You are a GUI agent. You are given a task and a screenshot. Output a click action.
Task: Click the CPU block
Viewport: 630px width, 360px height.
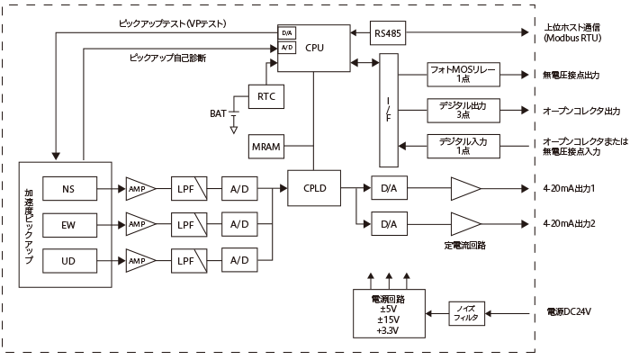(x=313, y=48)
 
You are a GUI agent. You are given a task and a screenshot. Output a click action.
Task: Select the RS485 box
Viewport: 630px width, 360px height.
(x=388, y=34)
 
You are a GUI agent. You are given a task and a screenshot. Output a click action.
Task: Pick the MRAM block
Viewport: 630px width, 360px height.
(x=266, y=146)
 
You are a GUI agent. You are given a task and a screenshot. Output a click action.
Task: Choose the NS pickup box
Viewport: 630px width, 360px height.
(x=68, y=189)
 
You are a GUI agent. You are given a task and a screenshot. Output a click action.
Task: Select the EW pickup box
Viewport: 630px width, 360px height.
(x=68, y=223)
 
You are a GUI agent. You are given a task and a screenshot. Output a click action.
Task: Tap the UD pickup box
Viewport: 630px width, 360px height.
(x=68, y=259)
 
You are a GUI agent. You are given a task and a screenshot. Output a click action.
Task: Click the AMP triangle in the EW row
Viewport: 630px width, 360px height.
(x=139, y=223)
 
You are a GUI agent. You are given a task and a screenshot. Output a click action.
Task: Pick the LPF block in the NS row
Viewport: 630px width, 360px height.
(x=186, y=189)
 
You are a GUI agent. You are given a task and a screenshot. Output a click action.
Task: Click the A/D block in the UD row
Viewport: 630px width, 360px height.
(x=238, y=259)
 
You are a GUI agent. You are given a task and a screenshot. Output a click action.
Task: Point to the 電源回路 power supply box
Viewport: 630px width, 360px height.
(x=388, y=312)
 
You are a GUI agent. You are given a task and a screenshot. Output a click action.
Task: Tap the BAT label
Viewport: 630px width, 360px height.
(x=218, y=113)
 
